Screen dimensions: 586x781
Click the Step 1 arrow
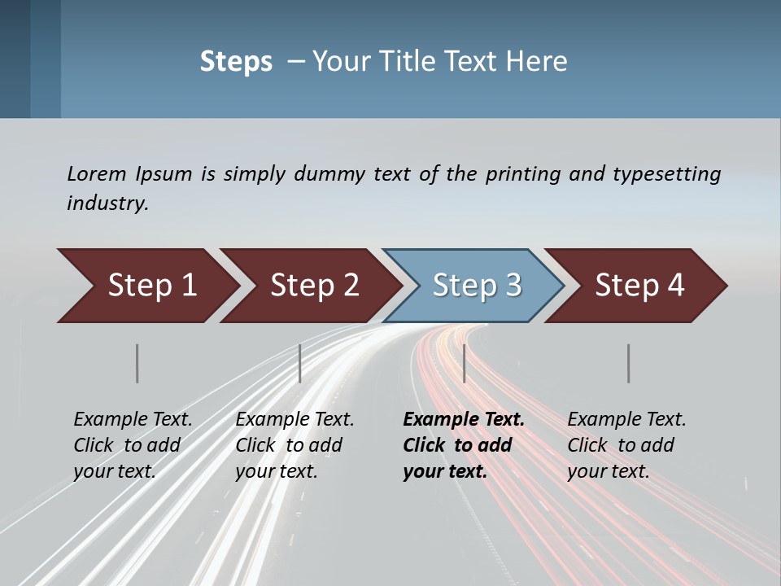pos(151,286)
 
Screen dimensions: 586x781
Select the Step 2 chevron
pos(314,286)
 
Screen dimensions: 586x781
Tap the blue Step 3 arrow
pos(477,286)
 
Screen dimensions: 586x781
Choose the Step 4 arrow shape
pos(639,286)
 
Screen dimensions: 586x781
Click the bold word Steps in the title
pos(236,62)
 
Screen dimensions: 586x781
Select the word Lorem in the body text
pos(97,173)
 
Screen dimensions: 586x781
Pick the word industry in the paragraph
pos(107,203)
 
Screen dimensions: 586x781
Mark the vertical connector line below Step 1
pos(137,363)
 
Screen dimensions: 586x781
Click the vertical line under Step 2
pos(300,363)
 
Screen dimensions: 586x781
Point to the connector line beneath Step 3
pos(464,363)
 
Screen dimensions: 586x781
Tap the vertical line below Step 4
pos(628,363)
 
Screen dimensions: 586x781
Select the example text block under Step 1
pos(133,444)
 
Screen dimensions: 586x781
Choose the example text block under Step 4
pos(626,444)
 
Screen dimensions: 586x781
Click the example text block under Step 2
pos(295,444)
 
